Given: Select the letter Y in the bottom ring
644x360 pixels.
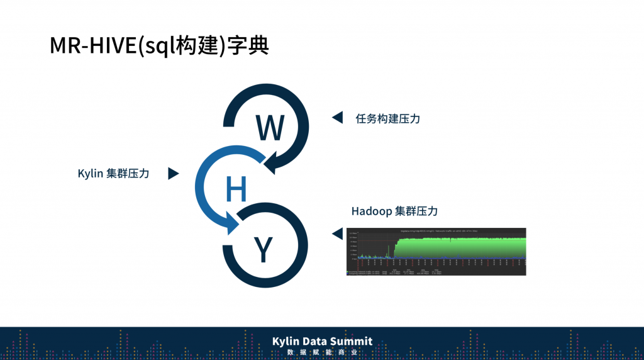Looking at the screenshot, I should pos(262,250).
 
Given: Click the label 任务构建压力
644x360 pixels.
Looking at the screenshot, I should pos(387,118).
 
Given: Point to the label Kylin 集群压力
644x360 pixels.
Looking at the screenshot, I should pos(113,174).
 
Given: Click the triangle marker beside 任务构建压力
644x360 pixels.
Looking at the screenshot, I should pos(337,118).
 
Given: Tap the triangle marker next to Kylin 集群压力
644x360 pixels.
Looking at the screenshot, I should pos(174,174).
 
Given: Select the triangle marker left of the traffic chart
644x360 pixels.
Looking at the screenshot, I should pos(337,234).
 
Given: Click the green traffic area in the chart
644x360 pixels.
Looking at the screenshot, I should pos(459,247).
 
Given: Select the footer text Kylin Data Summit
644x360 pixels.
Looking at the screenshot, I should pos(322,341).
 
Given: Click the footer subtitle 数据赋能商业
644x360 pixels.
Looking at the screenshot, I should pos(322,352).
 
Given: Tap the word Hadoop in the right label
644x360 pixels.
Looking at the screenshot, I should pos(371,211).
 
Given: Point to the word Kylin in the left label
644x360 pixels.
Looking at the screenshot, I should pos(90,174).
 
